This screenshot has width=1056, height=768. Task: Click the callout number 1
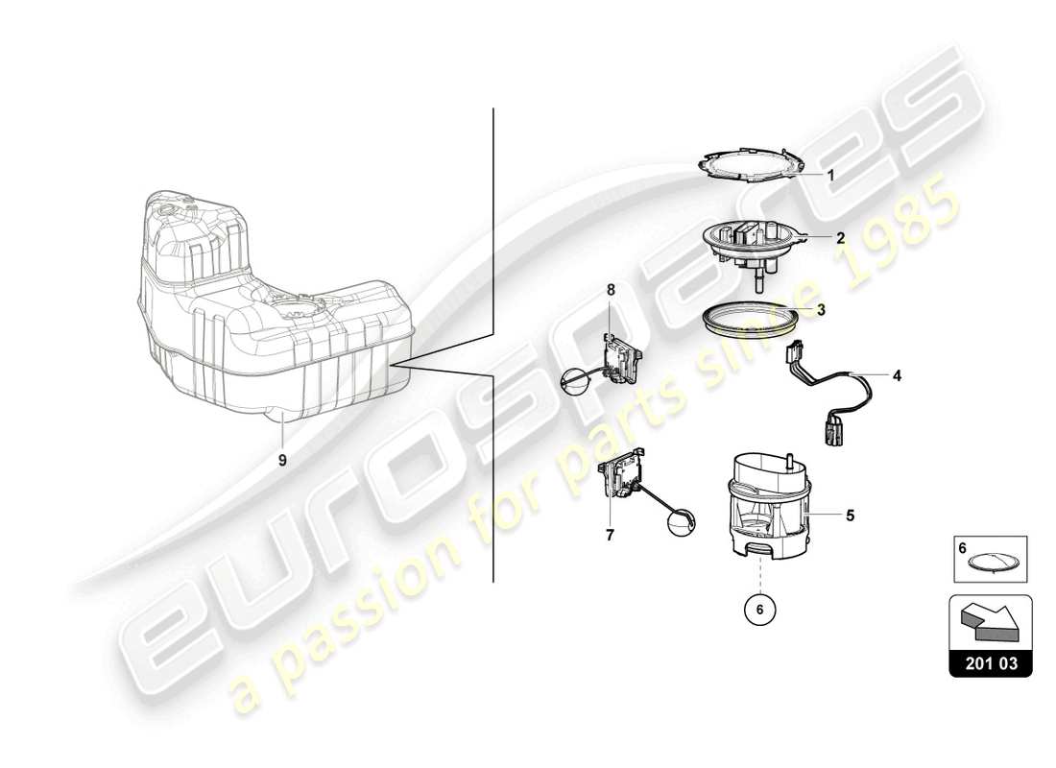tap(831, 176)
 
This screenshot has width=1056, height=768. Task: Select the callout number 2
tap(839, 237)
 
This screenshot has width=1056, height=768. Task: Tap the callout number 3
tap(822, 310)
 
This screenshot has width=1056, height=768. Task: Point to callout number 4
tap(897, 376)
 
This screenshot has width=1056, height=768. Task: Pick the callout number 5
tap(850, 515)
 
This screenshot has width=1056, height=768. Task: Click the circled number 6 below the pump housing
tap(761, 607)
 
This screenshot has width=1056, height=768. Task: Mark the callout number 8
tap(609, 289)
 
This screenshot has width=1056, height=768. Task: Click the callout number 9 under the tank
tap(282, 460)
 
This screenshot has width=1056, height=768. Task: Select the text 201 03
tap(990, 662)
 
